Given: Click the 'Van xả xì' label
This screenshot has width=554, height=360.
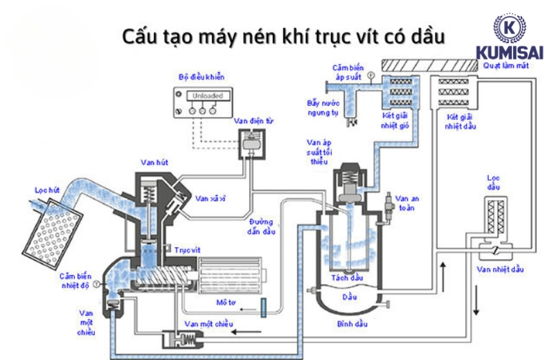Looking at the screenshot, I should (x=209, y=198).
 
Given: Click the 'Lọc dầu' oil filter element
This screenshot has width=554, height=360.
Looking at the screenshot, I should (x=495, y=217).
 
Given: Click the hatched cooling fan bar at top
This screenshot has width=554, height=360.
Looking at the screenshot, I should (x=429, y=64).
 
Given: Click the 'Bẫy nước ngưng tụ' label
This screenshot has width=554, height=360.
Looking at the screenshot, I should (x=321, y=107).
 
